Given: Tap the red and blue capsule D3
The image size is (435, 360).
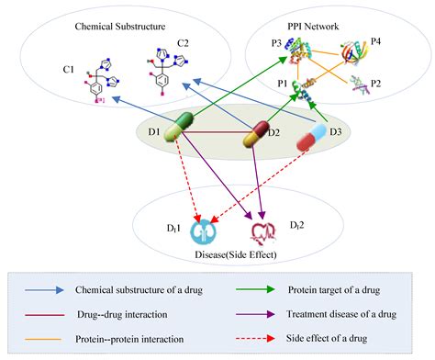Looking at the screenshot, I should coord(313,137).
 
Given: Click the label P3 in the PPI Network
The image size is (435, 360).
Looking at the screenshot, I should coord(276,43).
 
